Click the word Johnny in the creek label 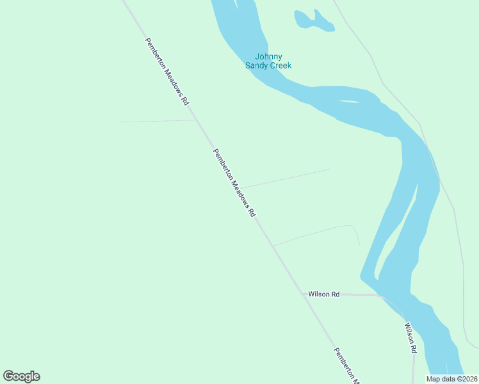pos(268,57)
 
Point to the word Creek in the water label pos(280,65)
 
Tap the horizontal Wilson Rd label pos(323,294)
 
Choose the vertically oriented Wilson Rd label pos(410,338)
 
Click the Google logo pos(21,376)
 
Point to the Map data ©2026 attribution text pos(452,379)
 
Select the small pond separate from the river pos(312,21)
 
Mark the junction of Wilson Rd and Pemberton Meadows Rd pos(302,294)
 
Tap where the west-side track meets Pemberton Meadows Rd pos(195,120)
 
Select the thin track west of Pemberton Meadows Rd pos(157,120)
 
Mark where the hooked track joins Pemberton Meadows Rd pos(273,246)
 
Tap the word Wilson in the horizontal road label pos(319,294)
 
